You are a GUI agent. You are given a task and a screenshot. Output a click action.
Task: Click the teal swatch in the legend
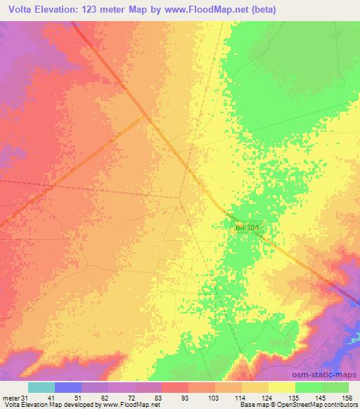click(41, 387)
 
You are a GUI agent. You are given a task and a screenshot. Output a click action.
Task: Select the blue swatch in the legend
click(67, 387)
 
